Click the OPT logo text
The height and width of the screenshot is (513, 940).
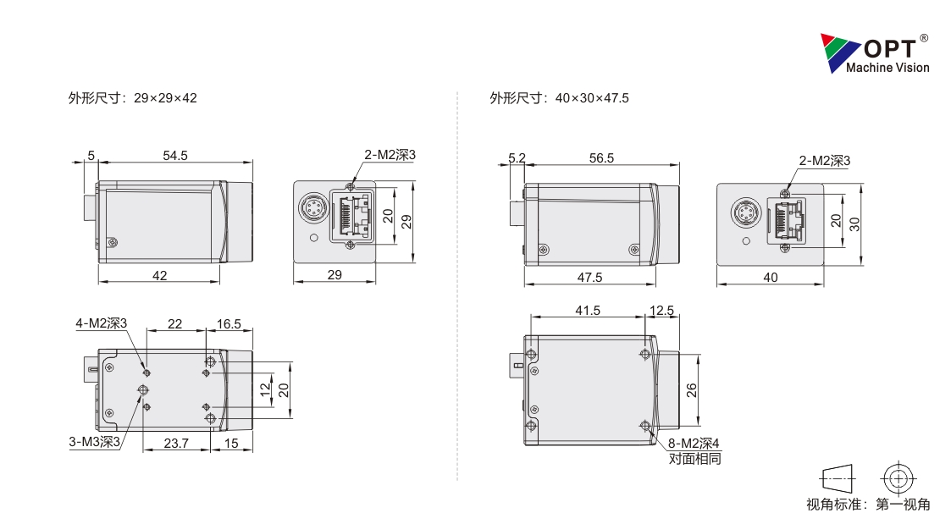(890, 48)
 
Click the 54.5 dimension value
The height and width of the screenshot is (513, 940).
(175, 156)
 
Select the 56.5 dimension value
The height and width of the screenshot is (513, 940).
(601, 158)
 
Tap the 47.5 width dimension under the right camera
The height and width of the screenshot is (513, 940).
(590, 278)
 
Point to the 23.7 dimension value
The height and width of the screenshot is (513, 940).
(176, 444)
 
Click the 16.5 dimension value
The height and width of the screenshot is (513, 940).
(229, 324)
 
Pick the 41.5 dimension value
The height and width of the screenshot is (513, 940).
(588, 311)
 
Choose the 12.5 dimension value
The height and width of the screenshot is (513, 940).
(662, 311)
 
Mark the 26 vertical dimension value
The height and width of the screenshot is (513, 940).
(692, 390)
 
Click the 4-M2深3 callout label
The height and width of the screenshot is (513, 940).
(102, 323)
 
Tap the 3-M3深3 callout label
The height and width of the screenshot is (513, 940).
(95, 442)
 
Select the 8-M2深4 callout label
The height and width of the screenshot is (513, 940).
(694, 444)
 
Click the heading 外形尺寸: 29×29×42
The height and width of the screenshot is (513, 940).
(132, 98)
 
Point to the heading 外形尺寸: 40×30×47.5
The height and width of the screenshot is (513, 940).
(559, 98)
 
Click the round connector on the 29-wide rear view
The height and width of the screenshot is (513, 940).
(312, 208)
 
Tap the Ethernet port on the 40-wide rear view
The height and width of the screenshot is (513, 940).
(785, 221)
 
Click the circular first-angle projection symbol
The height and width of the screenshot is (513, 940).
(898, 478)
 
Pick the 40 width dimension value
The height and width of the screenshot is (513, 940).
(771, 278)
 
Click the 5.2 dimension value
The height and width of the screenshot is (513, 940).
(517, 158)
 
